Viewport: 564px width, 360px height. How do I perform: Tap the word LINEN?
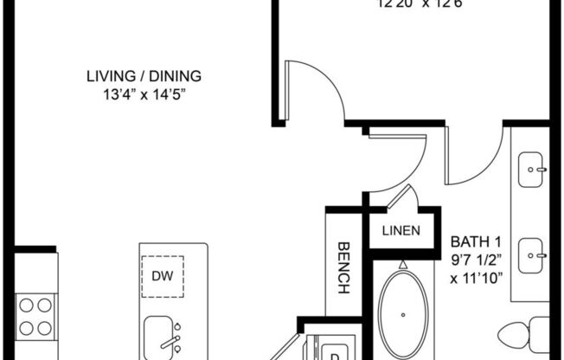[401, 231]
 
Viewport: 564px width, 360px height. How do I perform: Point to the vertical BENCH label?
[343, 267]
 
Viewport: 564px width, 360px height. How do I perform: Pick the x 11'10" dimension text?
[478, 278]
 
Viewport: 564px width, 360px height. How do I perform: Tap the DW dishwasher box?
[160, 276]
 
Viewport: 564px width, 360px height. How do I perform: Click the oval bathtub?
[402, 312]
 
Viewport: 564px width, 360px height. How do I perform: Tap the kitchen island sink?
[162, 333]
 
